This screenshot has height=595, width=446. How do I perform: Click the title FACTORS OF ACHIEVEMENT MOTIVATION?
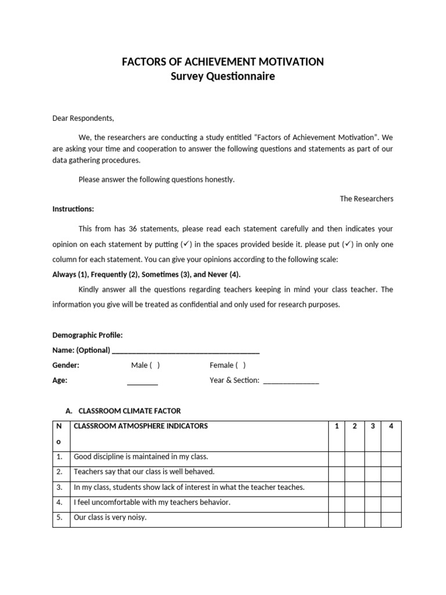223,62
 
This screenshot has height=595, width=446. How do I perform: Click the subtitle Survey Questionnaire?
223,77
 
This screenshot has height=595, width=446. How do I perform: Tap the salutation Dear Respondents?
83,119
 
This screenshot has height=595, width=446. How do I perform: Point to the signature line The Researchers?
366,199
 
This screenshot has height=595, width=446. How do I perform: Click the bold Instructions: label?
73,209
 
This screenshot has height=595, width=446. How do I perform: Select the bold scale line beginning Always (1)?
146,274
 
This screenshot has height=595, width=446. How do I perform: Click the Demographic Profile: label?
87,335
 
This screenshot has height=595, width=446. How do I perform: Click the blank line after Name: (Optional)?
185,350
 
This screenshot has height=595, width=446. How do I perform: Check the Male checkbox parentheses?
154,365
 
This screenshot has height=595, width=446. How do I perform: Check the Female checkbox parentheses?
240,365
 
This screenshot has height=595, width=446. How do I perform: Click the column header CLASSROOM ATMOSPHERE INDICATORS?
141,426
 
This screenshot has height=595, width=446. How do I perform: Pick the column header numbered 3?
372,426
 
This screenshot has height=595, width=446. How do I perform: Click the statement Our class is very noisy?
110,517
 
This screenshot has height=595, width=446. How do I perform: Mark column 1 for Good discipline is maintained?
336,457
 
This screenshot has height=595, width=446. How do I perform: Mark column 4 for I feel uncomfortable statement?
391,502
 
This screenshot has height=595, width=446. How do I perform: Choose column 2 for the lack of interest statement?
354,487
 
